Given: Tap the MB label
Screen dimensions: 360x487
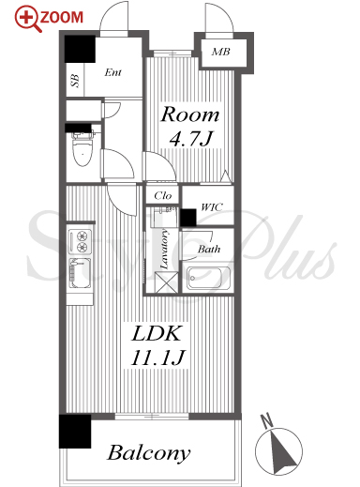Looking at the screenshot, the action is tap(221, 52).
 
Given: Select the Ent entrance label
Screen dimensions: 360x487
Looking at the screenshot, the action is tap(112, 72).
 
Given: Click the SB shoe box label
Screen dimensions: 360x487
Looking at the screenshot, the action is tap(75, 81).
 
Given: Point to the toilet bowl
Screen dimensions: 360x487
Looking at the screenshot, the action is tap(82, 149).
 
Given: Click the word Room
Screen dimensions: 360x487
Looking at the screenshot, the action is tap(190, 114).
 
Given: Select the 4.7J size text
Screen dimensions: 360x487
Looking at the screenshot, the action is tap(191, 138).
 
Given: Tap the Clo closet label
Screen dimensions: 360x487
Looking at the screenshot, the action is tap(163, 196).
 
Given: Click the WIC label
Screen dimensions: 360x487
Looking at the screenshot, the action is tap(212, 207).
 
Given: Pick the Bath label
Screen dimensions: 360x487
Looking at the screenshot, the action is tap(209, 249).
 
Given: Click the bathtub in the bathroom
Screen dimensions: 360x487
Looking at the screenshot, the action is tap(208, 278).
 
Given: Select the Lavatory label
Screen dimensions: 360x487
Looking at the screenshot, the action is tap(164, 250).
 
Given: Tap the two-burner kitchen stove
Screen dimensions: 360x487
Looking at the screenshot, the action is tap(81, 241).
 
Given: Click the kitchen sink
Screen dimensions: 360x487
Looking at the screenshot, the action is tap(80, 273).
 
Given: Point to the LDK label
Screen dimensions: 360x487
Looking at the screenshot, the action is tap(157, 333).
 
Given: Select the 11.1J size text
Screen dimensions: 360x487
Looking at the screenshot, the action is tap(158, 358).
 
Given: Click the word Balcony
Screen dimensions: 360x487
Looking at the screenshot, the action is tap(149, 453).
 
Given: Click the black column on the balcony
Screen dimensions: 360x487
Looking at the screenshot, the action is tap(75, 432).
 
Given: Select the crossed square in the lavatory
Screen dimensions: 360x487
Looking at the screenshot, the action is tap(167, 282).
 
